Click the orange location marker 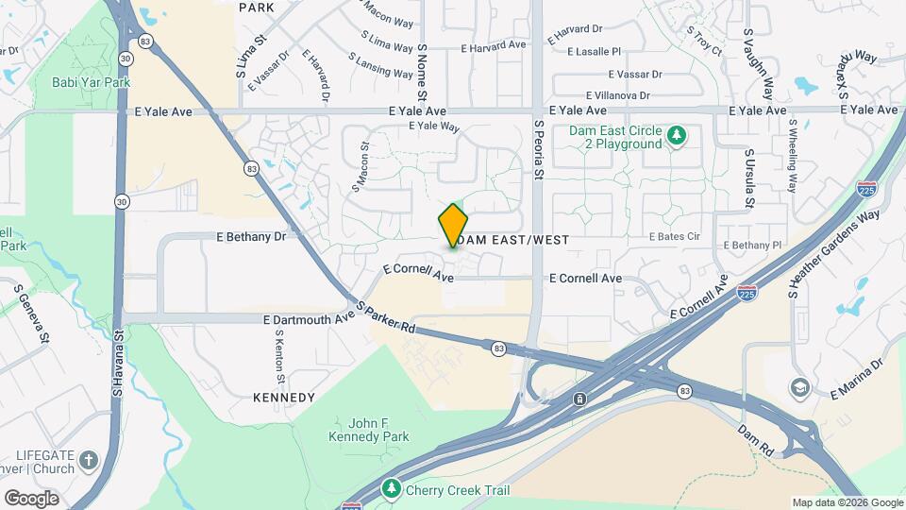pyautogui.click(x=453, y=226)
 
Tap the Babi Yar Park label pyautogui.click(x=91, y=82)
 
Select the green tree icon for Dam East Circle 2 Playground pyautogui.click(x=676, y=136)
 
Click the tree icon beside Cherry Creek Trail pyautogui.click(x=391, y=489)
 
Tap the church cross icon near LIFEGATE pyautogui.click(x=89, y=461)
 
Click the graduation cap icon pyautogui.click(x=799, y=387)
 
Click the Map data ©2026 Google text pyautogui.click(x=847, y=502)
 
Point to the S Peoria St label pyautogui.click(x=540, y=149)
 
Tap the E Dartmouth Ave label pyautogui.click(x=310, y=320)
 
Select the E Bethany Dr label pyautogui.click(x=250, y=237)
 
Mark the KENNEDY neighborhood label pyautogui.click(x=284, y=398)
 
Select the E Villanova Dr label pyautogui.click(x=618, y=95)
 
